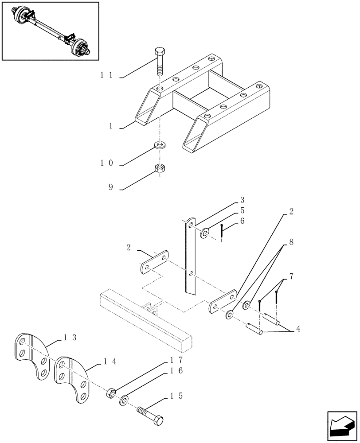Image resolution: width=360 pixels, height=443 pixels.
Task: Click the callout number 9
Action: point(110,187)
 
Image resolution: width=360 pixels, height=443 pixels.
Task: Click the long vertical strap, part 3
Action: point(191,257)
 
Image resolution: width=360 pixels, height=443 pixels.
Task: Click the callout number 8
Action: point(291,242)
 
